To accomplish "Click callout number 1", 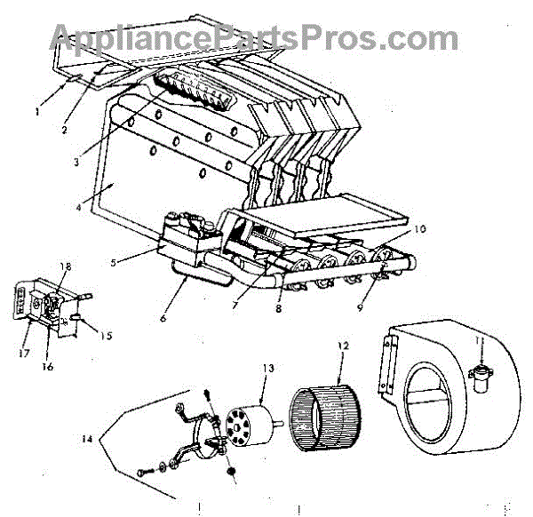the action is tap(38, 112).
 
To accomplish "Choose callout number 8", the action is tap(278, 311).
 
